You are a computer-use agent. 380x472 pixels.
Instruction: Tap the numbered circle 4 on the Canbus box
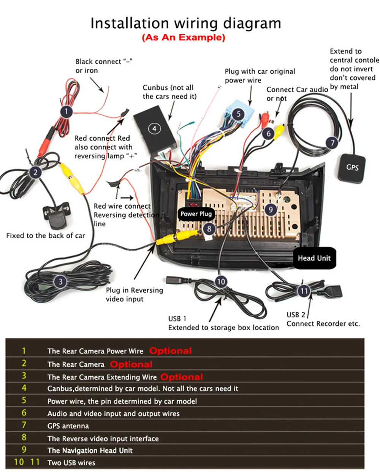154,128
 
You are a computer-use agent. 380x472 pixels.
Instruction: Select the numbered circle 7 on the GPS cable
332,143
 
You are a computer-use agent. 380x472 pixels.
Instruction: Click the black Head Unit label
314,258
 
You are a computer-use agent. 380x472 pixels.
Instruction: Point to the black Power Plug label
196,214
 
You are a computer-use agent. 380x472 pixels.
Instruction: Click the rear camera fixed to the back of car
57,215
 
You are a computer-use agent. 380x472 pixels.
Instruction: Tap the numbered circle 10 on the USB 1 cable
221,281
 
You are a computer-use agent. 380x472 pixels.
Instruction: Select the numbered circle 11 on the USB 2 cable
304,291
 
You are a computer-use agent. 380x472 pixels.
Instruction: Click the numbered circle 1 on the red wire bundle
66,112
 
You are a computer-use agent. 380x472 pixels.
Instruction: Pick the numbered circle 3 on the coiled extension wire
60,281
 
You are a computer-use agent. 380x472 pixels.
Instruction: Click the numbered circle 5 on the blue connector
238,114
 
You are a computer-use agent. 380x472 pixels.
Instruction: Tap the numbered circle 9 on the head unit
271,209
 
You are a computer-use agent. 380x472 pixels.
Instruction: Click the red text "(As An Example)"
184,38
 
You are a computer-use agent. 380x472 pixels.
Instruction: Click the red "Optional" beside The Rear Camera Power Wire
171,351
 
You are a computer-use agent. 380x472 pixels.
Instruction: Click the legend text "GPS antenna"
68,426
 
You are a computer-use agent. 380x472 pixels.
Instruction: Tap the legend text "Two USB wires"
71,462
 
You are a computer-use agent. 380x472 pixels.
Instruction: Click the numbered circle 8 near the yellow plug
209,229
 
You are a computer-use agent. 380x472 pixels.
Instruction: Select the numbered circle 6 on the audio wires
268,133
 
